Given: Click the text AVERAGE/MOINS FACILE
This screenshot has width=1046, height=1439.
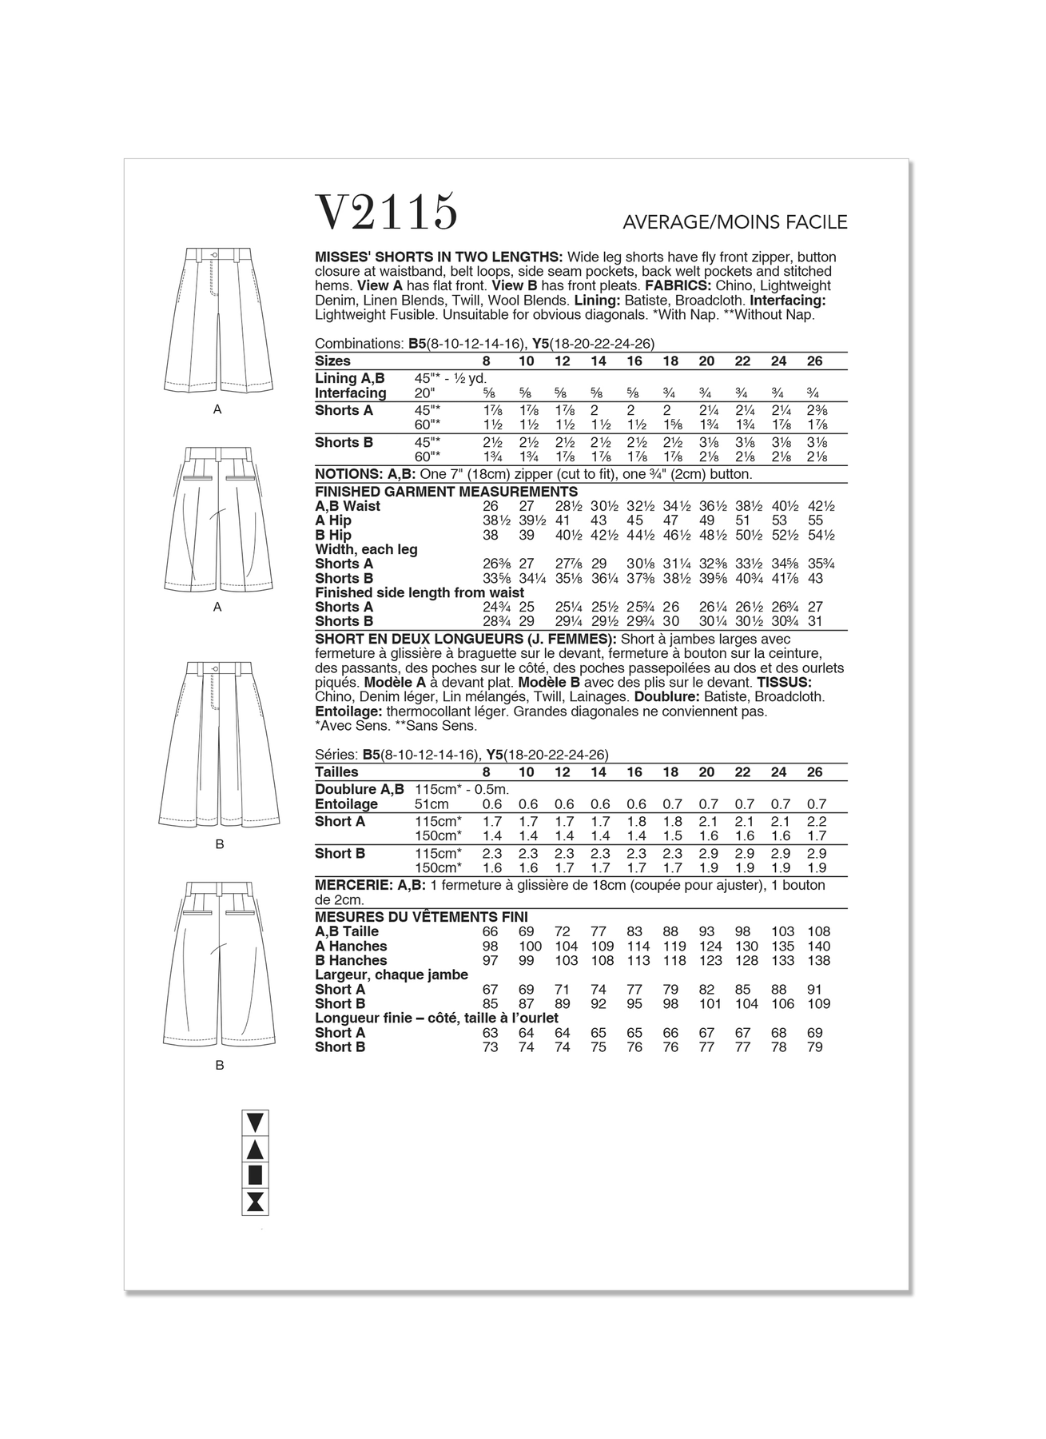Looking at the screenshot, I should click(734, 222).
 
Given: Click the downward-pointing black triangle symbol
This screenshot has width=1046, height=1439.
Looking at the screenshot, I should click(255, 1122).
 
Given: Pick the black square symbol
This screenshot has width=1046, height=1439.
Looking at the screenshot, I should click(255, 1174).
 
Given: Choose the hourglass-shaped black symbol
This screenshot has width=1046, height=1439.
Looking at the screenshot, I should click(255, 1201).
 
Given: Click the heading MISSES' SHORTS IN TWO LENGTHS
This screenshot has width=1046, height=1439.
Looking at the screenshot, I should click(439, 257).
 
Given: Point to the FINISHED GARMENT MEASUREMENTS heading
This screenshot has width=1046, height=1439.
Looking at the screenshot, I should click(446, 492).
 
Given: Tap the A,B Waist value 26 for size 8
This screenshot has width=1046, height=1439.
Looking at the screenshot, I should click(490, 506).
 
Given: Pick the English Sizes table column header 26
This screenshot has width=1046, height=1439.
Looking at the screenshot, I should click(814, 361).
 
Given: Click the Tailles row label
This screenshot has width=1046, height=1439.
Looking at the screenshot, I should click(336, 772).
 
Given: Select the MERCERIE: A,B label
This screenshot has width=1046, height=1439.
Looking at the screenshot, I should click(370, 885).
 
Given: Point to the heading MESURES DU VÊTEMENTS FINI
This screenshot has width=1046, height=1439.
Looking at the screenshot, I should click(421, 917).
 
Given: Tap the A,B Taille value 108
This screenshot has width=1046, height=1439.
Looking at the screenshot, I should click(818, 931).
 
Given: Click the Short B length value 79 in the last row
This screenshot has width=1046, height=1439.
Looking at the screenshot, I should click(814, 1046).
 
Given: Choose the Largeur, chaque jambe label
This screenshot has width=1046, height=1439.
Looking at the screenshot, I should click(392, 975).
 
